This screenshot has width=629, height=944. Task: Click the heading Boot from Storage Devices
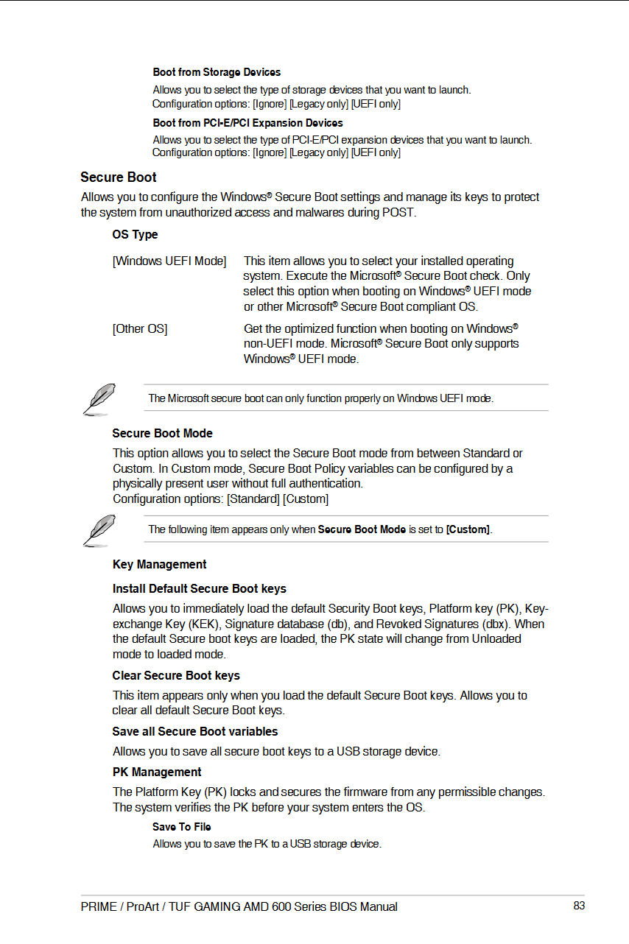pyautogui.click(x=217, y=72)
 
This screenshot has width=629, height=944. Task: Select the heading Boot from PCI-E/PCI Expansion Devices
pyautogui.click(x=247, y=123)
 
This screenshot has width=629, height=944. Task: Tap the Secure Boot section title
pyautogui.click(x=119, y=177)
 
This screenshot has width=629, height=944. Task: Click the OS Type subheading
pyautogui.click(x=135, y=235)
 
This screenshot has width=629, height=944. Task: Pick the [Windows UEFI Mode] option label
pyautogui.click(x=169, y=261)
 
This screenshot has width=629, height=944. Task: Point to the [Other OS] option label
pyautogui.click(x=140, y=328)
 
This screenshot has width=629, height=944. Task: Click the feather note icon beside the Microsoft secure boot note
pyautogui.click(x=99, y=398)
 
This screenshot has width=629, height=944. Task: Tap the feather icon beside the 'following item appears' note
pyautogui.click(x=99, y=529)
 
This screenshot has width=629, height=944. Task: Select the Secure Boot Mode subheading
pyautogui.click(x=162, y=434)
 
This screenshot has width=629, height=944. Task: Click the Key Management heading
pyautogui.click(x=159, y=565)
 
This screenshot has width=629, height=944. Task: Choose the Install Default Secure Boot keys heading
pyautogui.click(x=199, y=589)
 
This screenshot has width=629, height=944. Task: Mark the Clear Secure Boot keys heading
pyautogui.click(x=176, y=676)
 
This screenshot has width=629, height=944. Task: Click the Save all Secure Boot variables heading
pyautogui.click(x=195, y=732)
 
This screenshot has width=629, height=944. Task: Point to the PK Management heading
pyautogui.click(x=157, y=772)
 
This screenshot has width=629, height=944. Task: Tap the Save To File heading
pyautogui.click(x=182, y=827)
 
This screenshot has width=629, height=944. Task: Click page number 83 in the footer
pyautogui.click(x=579, y=906)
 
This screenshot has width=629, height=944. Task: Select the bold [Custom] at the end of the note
pyautogui.click(x=468, y=529)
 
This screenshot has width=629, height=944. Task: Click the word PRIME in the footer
pyautogui.click(x=99, y=906)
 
